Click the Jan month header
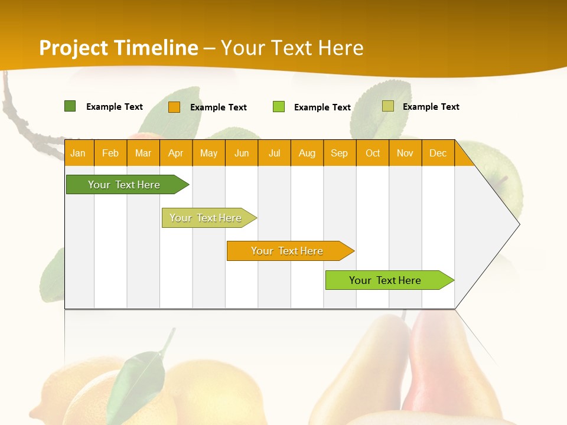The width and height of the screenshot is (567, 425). (78, 153)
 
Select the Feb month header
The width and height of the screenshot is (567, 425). (110, 153)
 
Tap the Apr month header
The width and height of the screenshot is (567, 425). (176, 153)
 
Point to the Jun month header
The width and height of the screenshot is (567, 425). (242, 153)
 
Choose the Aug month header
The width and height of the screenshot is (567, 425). (307, 153)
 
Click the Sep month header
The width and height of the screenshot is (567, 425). (340, 153)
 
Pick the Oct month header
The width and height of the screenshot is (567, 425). (373, 153)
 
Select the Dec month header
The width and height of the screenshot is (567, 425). (438, 153)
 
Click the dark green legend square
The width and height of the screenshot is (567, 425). (70, 106)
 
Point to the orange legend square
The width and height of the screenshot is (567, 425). (174, 107)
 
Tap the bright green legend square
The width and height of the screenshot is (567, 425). (279, 107)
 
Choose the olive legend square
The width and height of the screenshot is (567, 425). (388, 106)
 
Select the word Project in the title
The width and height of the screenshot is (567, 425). (74, 48)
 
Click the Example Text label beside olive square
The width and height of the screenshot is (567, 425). (431, 107)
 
